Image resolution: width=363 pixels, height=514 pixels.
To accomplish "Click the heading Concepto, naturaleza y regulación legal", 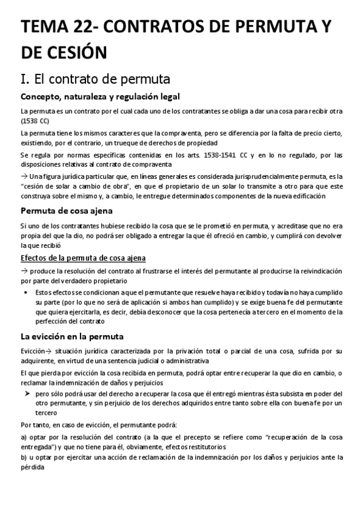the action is (x=100, y=97).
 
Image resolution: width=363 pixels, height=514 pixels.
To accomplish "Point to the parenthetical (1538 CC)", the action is (x=34, y=120).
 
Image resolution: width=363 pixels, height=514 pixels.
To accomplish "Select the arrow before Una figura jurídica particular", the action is (x=24, y=176).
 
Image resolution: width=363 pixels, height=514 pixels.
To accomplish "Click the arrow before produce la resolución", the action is (x=24, y=270).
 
